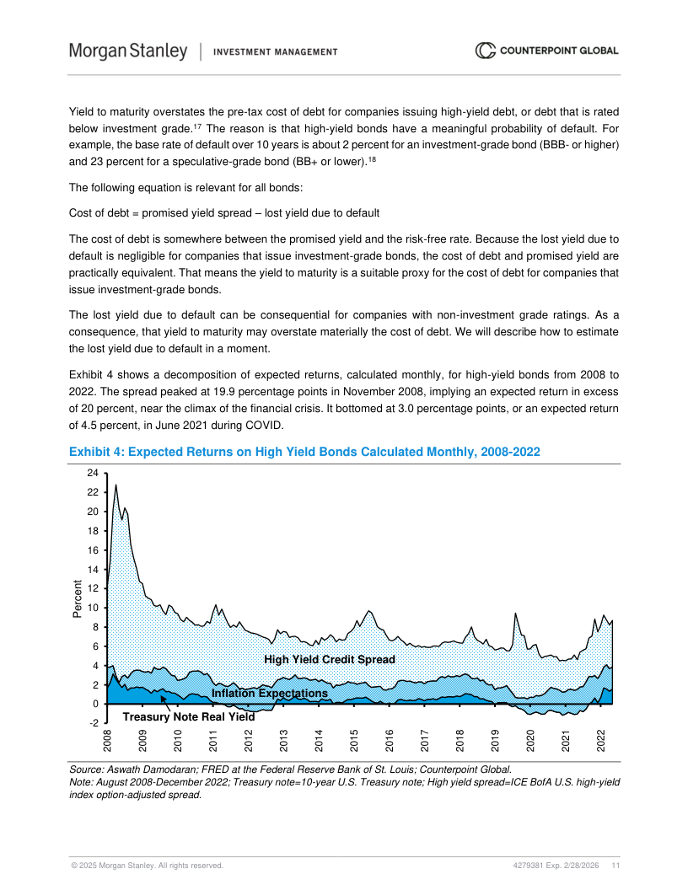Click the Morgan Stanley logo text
pos(128,51)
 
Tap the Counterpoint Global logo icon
pos(486,51)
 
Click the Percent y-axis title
pos(78,599)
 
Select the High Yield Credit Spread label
pos(330,659)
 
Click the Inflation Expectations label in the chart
pos(269,693)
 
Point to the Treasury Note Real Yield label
pos(188,717)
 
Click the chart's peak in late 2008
pos(116,485)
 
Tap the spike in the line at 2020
pos(514,614)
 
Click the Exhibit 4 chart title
pos(304,453)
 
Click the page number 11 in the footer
pos(616,866)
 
